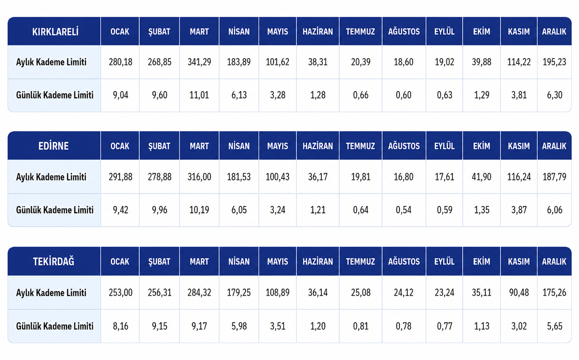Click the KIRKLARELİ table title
pyautogui.click(x=55, y=31)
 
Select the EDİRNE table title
pyautogui.click(x=54, y=146)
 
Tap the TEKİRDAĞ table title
pyautogui.click(x=54, y=261)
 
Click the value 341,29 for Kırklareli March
pyautogui.click(x=199, y=62)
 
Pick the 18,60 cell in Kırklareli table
pyautogui.click(x=403, y=62)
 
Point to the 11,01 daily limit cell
pyautogui.click(x=199, y=95)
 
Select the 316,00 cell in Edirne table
pyautogui.click(x=199, y=177)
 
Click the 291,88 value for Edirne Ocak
pyautogui.click(x=121, y=177)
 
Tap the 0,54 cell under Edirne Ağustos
pyautogui.click(x=403, y=210)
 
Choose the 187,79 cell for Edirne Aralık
pyautogui.click(x=554, y=177)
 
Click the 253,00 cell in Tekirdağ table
pyautogui.click(x=121, y=292)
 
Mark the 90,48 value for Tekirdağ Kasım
pyautogui.click(x=519, y=292)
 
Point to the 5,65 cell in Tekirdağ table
pyautogui.click(x=554, y=326)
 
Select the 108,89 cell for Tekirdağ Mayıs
pyautogui.click(x=277, y=292)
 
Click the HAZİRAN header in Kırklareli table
pyautogui.click(x=317, y=31)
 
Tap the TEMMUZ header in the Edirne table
pyautogui.click(x=360, y=146)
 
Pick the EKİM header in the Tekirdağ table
pyautogui.click(x=482, y=262)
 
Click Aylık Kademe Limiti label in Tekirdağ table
pyautogui.click(x=51, y=293)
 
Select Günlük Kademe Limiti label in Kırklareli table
pyautogui.click(x=55, y=95)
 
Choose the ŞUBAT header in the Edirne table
pyautogui.click(x=159, y=146)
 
